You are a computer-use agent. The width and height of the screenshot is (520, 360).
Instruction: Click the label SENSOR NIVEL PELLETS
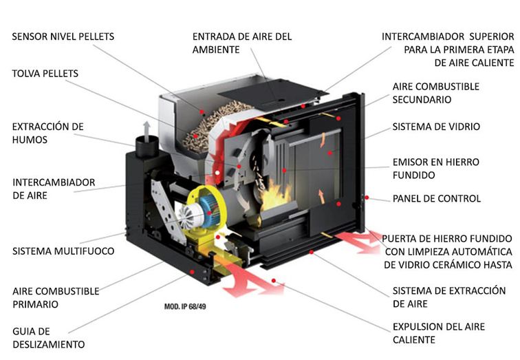coord(63,36)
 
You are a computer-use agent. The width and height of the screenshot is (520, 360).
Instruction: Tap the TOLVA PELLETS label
coord(45,73)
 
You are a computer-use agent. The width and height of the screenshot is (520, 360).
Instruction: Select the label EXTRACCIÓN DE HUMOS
coord(47,133)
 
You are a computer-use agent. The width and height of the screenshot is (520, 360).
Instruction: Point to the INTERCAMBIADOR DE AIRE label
coord(54,189)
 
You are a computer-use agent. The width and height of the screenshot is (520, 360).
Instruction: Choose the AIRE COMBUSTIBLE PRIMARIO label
coord(56,297)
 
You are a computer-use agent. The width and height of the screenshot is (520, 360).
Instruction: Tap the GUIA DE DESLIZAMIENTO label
coord(48,337)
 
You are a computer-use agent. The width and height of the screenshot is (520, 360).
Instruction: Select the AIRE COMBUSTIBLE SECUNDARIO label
coord(435,93)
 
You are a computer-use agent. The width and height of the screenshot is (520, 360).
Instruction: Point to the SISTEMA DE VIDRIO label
coord(435,127)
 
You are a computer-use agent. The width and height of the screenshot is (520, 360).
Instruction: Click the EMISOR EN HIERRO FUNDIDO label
coord(435,169)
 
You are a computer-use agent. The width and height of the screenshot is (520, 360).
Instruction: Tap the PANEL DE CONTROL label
coord(436,199)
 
